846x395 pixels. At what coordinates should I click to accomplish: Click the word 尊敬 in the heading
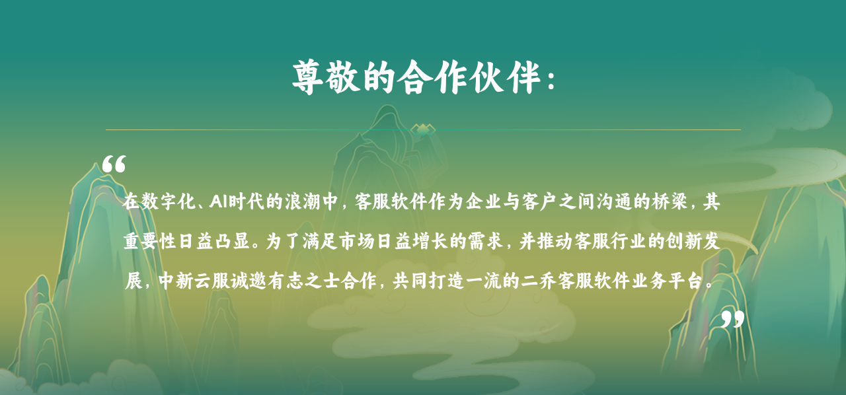[x=326, y=77]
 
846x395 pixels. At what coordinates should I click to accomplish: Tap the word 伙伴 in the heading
[x=507, y=77]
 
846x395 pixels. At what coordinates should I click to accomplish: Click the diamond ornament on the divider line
[x=423, y=130]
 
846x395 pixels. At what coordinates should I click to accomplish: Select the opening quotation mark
[x=114, y=164]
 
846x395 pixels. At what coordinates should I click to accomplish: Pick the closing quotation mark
[x=733, y=319]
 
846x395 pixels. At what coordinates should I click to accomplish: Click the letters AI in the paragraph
[x=218, y=201]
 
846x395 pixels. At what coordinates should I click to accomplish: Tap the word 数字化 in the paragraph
[x=169, y=201]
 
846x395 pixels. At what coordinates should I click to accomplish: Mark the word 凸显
[x=232, y=241]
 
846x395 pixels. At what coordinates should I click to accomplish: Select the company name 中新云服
[x=194, y=281]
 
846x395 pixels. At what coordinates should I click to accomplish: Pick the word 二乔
[x=539, y=281]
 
